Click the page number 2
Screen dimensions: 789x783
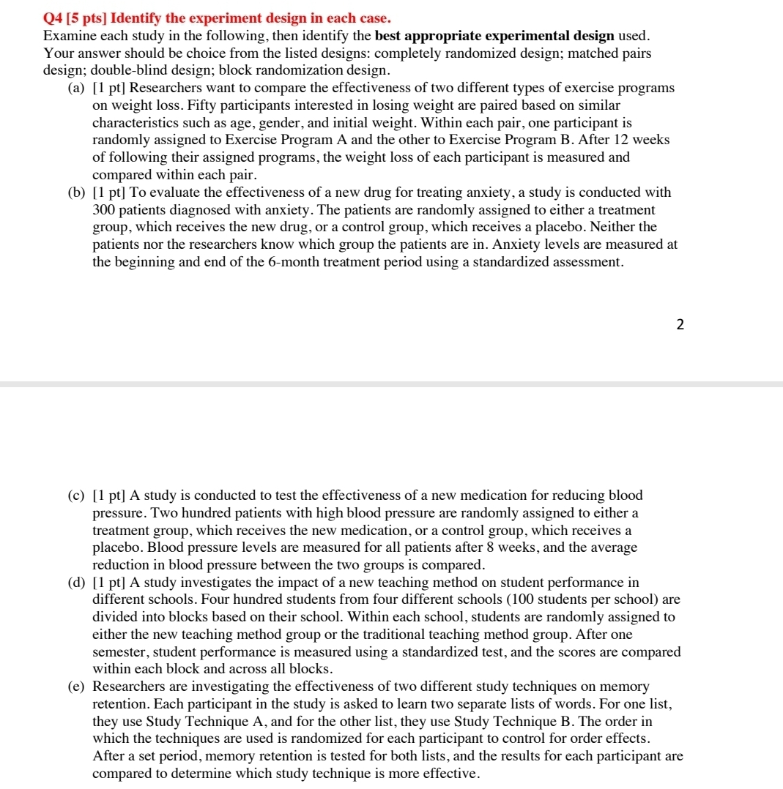(680, 326)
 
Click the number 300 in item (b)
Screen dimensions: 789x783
(105, 210)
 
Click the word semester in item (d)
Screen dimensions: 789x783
(120, 652)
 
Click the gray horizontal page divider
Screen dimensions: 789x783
(391, 384)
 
